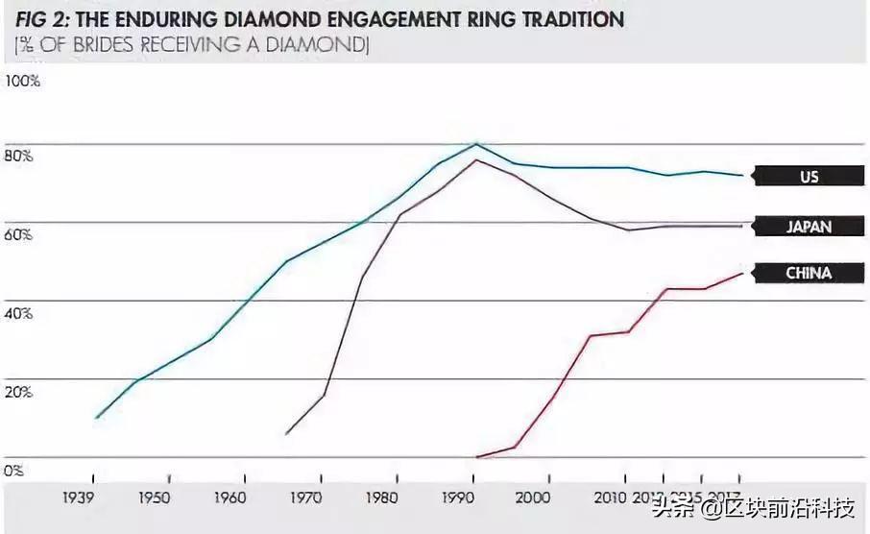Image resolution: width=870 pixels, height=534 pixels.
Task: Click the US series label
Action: pyautogui.click(x=808, y=177)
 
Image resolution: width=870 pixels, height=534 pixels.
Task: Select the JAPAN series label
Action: pyautogui.click(x=808, y=227)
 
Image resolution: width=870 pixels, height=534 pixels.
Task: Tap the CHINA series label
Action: pyautogui.click(x=808, y=274)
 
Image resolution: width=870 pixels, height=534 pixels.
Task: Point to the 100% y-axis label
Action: pyautogui.click(x=23, y=82)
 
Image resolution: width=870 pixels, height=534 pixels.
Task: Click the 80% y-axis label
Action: pyautogui.click(x=20, y=156)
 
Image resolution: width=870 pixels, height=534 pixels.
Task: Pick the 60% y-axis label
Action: pyautogui.click(x=20, y=234)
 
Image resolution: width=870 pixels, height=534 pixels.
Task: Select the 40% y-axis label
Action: pyautogui.click(x=20, y=313)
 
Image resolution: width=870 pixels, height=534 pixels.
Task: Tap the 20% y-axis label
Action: pyautogui.click(x=20, y=392)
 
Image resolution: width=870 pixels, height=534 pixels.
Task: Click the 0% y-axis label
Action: pyautogui.click(x=13, y=471)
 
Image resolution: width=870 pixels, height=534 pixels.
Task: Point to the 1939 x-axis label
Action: pyautogui.click(x=80, y=498)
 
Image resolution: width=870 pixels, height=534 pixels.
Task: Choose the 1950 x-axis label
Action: pyautogui.click(x=155, y=498)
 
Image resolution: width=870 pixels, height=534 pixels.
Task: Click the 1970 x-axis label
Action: pyautogui.click(x=306, y=498)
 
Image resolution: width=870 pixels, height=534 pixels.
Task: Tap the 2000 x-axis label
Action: pyautogui.click(x=534, y=498)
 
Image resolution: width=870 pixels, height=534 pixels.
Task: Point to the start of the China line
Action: pyautogui.click(x=477, y=457)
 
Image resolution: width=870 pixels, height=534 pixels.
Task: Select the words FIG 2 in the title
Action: pyautogui.click(x=38, y=19)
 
